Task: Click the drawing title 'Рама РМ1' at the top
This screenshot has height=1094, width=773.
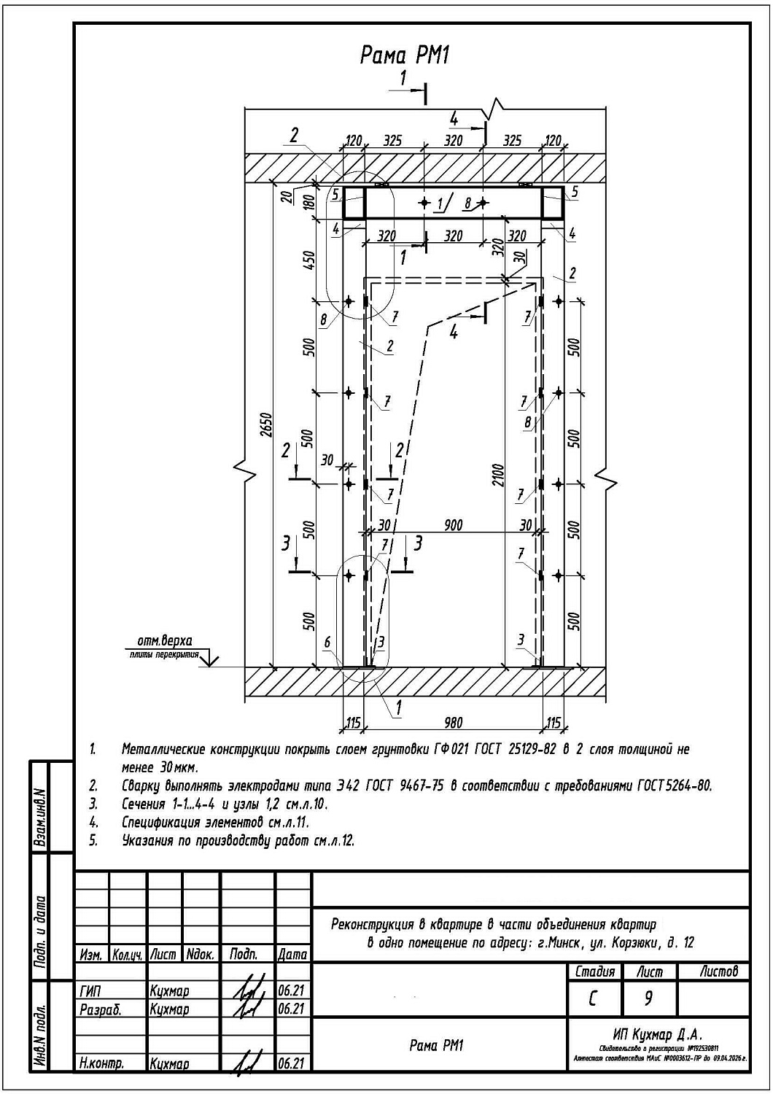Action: click(x=405, y=55)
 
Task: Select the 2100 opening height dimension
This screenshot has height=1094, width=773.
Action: click(x=497, y=479)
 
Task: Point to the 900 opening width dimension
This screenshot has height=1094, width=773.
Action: click(x=453, y=525)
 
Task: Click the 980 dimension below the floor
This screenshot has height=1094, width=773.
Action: click(x=453, y=723)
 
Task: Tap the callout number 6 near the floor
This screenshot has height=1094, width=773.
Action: click(x=327, y=642)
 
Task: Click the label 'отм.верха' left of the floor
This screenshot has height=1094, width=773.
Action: click(x=165, y=640)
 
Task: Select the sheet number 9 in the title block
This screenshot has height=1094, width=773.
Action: click(x=648, y=998)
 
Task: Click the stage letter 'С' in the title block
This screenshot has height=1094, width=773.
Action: click(x=593, y=998)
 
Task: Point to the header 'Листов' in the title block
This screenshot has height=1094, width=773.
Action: click(x=718, y=971)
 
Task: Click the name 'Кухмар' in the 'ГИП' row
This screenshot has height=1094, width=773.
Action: click(x=169, y=991)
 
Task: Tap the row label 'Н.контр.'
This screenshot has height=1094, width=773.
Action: click(x=101, y=1064)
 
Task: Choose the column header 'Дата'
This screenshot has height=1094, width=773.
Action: click(x=292, y=954)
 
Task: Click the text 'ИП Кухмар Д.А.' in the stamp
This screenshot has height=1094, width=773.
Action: click(x=658, y=1034)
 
